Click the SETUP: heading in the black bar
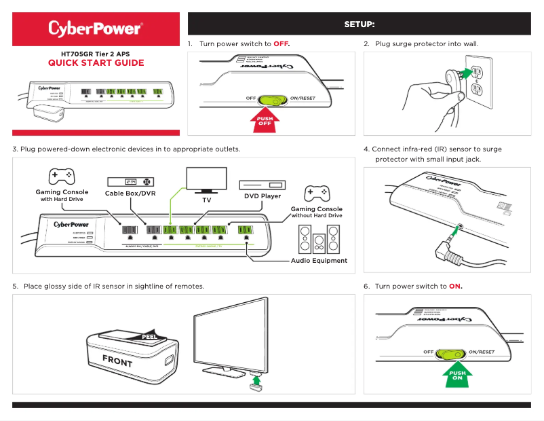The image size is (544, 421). tap(359, 24)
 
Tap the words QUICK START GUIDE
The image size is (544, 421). tap(96, 63)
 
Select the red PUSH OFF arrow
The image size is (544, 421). tap(265, 120)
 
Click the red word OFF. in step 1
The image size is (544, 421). tap(281, 44)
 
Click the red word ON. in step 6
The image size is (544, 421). tap(455, 287)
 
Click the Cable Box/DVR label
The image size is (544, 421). tap(130, 194)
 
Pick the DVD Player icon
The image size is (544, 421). tap(261, 185)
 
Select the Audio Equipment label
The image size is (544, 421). tap(319, 260)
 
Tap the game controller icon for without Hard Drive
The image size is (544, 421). tap(316, 193)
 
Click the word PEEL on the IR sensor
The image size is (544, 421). tap(151, 335)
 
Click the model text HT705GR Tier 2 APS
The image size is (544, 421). tap(96, 52)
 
